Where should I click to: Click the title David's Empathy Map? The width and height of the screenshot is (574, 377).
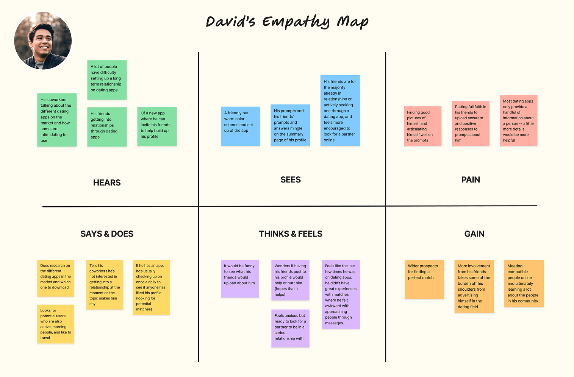click(x=287, y=22)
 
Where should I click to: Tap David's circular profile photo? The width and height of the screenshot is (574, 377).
click(x=43, y=41)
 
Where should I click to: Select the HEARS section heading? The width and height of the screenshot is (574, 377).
click(x=107, y=183)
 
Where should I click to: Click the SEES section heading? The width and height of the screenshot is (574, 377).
click(x=291, y=180)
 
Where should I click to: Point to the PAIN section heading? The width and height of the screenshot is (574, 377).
click(x=471, y=180)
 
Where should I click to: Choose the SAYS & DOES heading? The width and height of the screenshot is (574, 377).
click(x=107, y=234)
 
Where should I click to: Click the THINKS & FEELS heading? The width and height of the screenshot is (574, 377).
click(x=291, y=234)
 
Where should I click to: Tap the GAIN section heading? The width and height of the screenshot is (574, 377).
click(x=474, y=234)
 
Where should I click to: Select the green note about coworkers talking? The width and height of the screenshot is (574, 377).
click(x=57, y=120)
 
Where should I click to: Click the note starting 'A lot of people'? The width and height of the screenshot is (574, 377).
click(x=107, y=80)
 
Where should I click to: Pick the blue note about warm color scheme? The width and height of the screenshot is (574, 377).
click(x=241, y=126)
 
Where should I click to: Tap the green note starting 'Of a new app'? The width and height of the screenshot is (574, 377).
click(x=157, y=126)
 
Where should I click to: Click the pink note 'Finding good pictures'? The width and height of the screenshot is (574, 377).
click(x=422, y=126)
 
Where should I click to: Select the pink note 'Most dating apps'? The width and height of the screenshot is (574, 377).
click(x=518, y=120)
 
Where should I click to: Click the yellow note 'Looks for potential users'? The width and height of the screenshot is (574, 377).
click(x=56, y=324)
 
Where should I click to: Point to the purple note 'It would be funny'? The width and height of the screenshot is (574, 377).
click(x=240, y=278)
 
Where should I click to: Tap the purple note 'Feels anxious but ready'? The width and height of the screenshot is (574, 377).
click(x=290, y=328)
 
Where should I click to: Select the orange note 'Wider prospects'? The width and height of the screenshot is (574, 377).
click(x=424, y=279)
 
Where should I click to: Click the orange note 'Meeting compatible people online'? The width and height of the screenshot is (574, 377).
click(x=524, y=283)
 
